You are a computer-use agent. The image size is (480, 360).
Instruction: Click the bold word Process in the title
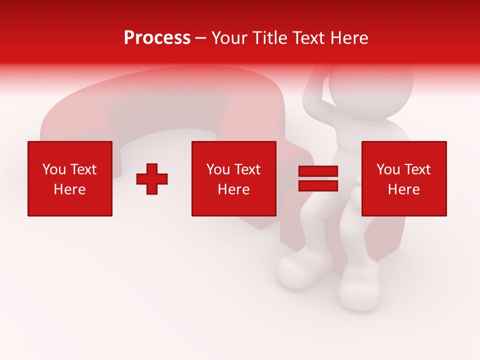[157, 38]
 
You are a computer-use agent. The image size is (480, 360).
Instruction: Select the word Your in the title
[230, 38]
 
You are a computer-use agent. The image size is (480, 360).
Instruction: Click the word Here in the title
[348, 38]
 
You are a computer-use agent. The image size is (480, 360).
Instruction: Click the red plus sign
[152, 179]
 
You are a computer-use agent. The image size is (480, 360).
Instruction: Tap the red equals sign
[318, 178]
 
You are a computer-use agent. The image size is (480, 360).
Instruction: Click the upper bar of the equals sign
[318, 171]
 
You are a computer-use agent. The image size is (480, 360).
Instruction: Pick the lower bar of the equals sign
[318, 185]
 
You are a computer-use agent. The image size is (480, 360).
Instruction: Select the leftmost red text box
[70, 178]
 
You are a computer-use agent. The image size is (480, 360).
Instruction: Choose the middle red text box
[233, 178]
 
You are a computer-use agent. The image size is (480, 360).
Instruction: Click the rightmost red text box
[403, 178]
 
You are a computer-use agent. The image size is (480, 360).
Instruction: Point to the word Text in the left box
[83, 169]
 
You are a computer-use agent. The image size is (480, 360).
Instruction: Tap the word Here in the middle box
[233, 189]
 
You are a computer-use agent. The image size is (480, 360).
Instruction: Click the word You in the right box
[388, 169]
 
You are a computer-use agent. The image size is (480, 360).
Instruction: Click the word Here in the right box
[403, 189]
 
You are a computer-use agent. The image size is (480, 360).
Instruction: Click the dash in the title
[200, 38]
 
